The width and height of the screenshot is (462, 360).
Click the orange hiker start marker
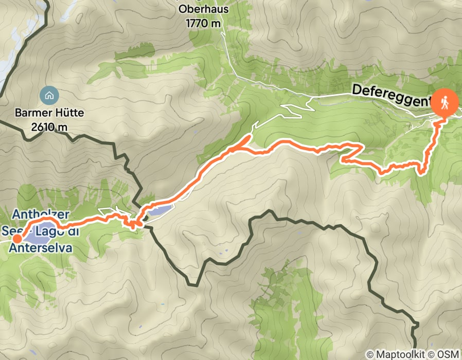click(443, 102)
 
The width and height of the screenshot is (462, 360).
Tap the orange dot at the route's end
click(17, 238)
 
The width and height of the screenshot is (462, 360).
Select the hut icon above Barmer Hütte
click(48, 95)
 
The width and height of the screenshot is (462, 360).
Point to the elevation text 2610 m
click(49, 126)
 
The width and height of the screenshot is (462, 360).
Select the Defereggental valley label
click(391, 96)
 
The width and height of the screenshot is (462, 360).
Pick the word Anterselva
click(40, 248)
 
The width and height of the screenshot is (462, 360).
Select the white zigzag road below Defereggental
click(296, 109)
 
